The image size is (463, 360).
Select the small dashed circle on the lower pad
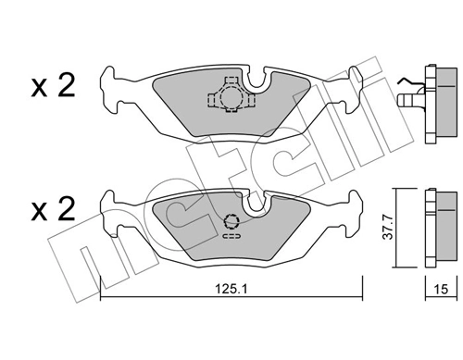coord(232,221)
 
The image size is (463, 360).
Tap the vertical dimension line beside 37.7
coord(395,228)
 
